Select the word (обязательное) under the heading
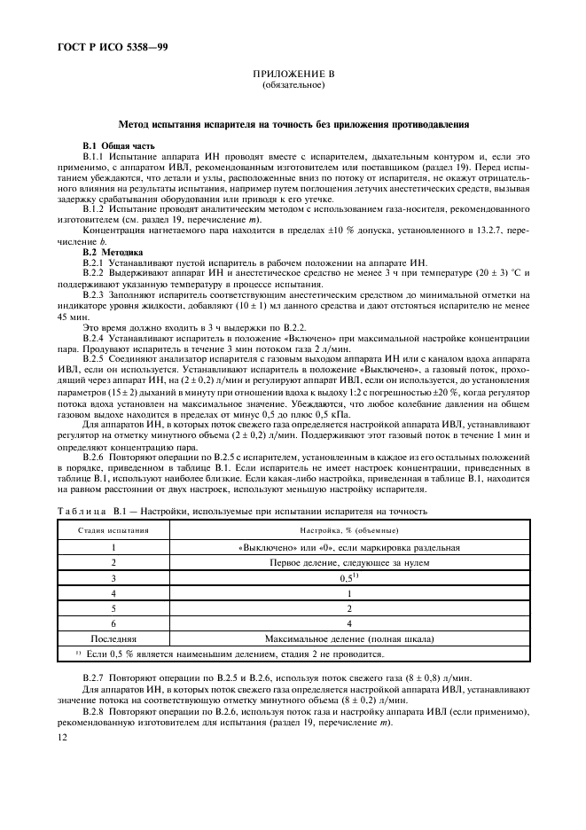(293, 87)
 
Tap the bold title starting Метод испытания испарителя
(293, 125)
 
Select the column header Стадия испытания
(113, 529)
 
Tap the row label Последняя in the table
(113, 638)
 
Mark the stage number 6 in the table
(113, 622)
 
